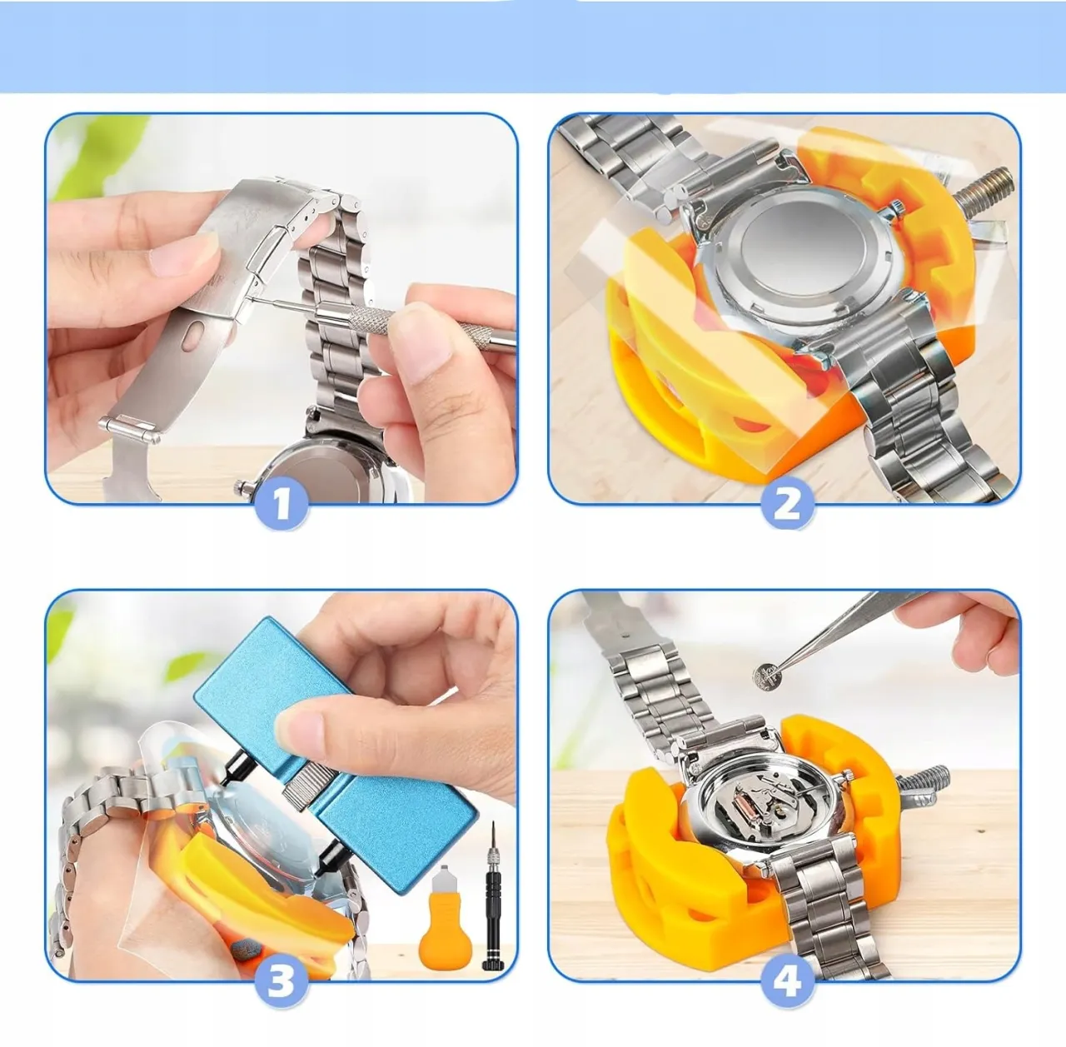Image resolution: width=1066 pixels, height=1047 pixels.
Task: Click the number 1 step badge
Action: click(x=281, y=504)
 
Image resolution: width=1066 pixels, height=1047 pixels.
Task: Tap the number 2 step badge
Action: click(x=786, y=504)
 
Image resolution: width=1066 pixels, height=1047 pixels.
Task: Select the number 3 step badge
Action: click(x=281, y=980)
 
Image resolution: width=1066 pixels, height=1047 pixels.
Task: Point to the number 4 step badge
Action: click(x=786, y=980)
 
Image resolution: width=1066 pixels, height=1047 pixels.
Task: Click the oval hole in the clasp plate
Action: click(x=192, y=337)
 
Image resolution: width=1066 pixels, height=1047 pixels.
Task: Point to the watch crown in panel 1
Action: click(x=242, y=487)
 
